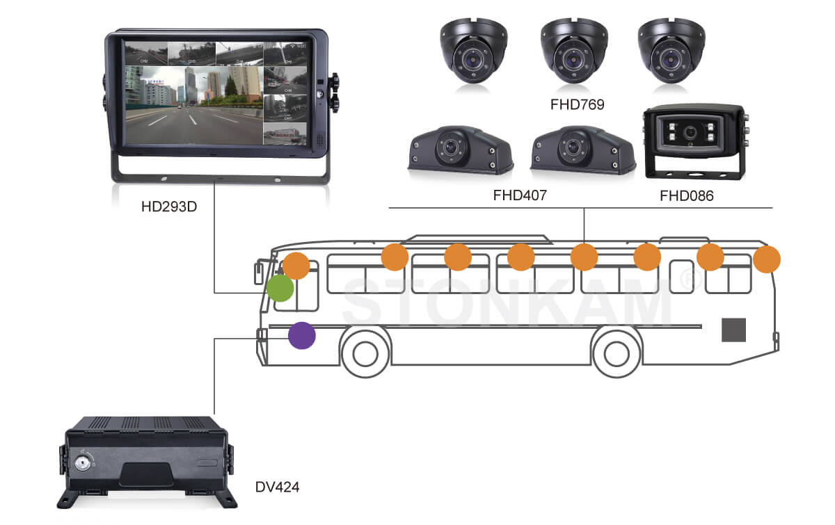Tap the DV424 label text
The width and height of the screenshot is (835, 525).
[x=277, y=487]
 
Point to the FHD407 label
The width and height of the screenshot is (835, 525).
[x=520, y=195]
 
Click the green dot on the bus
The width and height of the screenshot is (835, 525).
[x=280, y=288]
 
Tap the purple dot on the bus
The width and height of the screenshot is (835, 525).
[x=302, y=336]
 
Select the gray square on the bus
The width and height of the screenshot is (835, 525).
[x=733, y=329]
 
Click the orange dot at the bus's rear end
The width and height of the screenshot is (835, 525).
[x=767, y=259]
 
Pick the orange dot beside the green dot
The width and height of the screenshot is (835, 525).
[x=296, y=266]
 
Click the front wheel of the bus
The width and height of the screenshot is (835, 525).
[x=365, y=354]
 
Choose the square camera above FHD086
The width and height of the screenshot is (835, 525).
[x=692, y=139]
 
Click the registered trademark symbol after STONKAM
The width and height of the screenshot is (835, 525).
[x=687, y=277]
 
